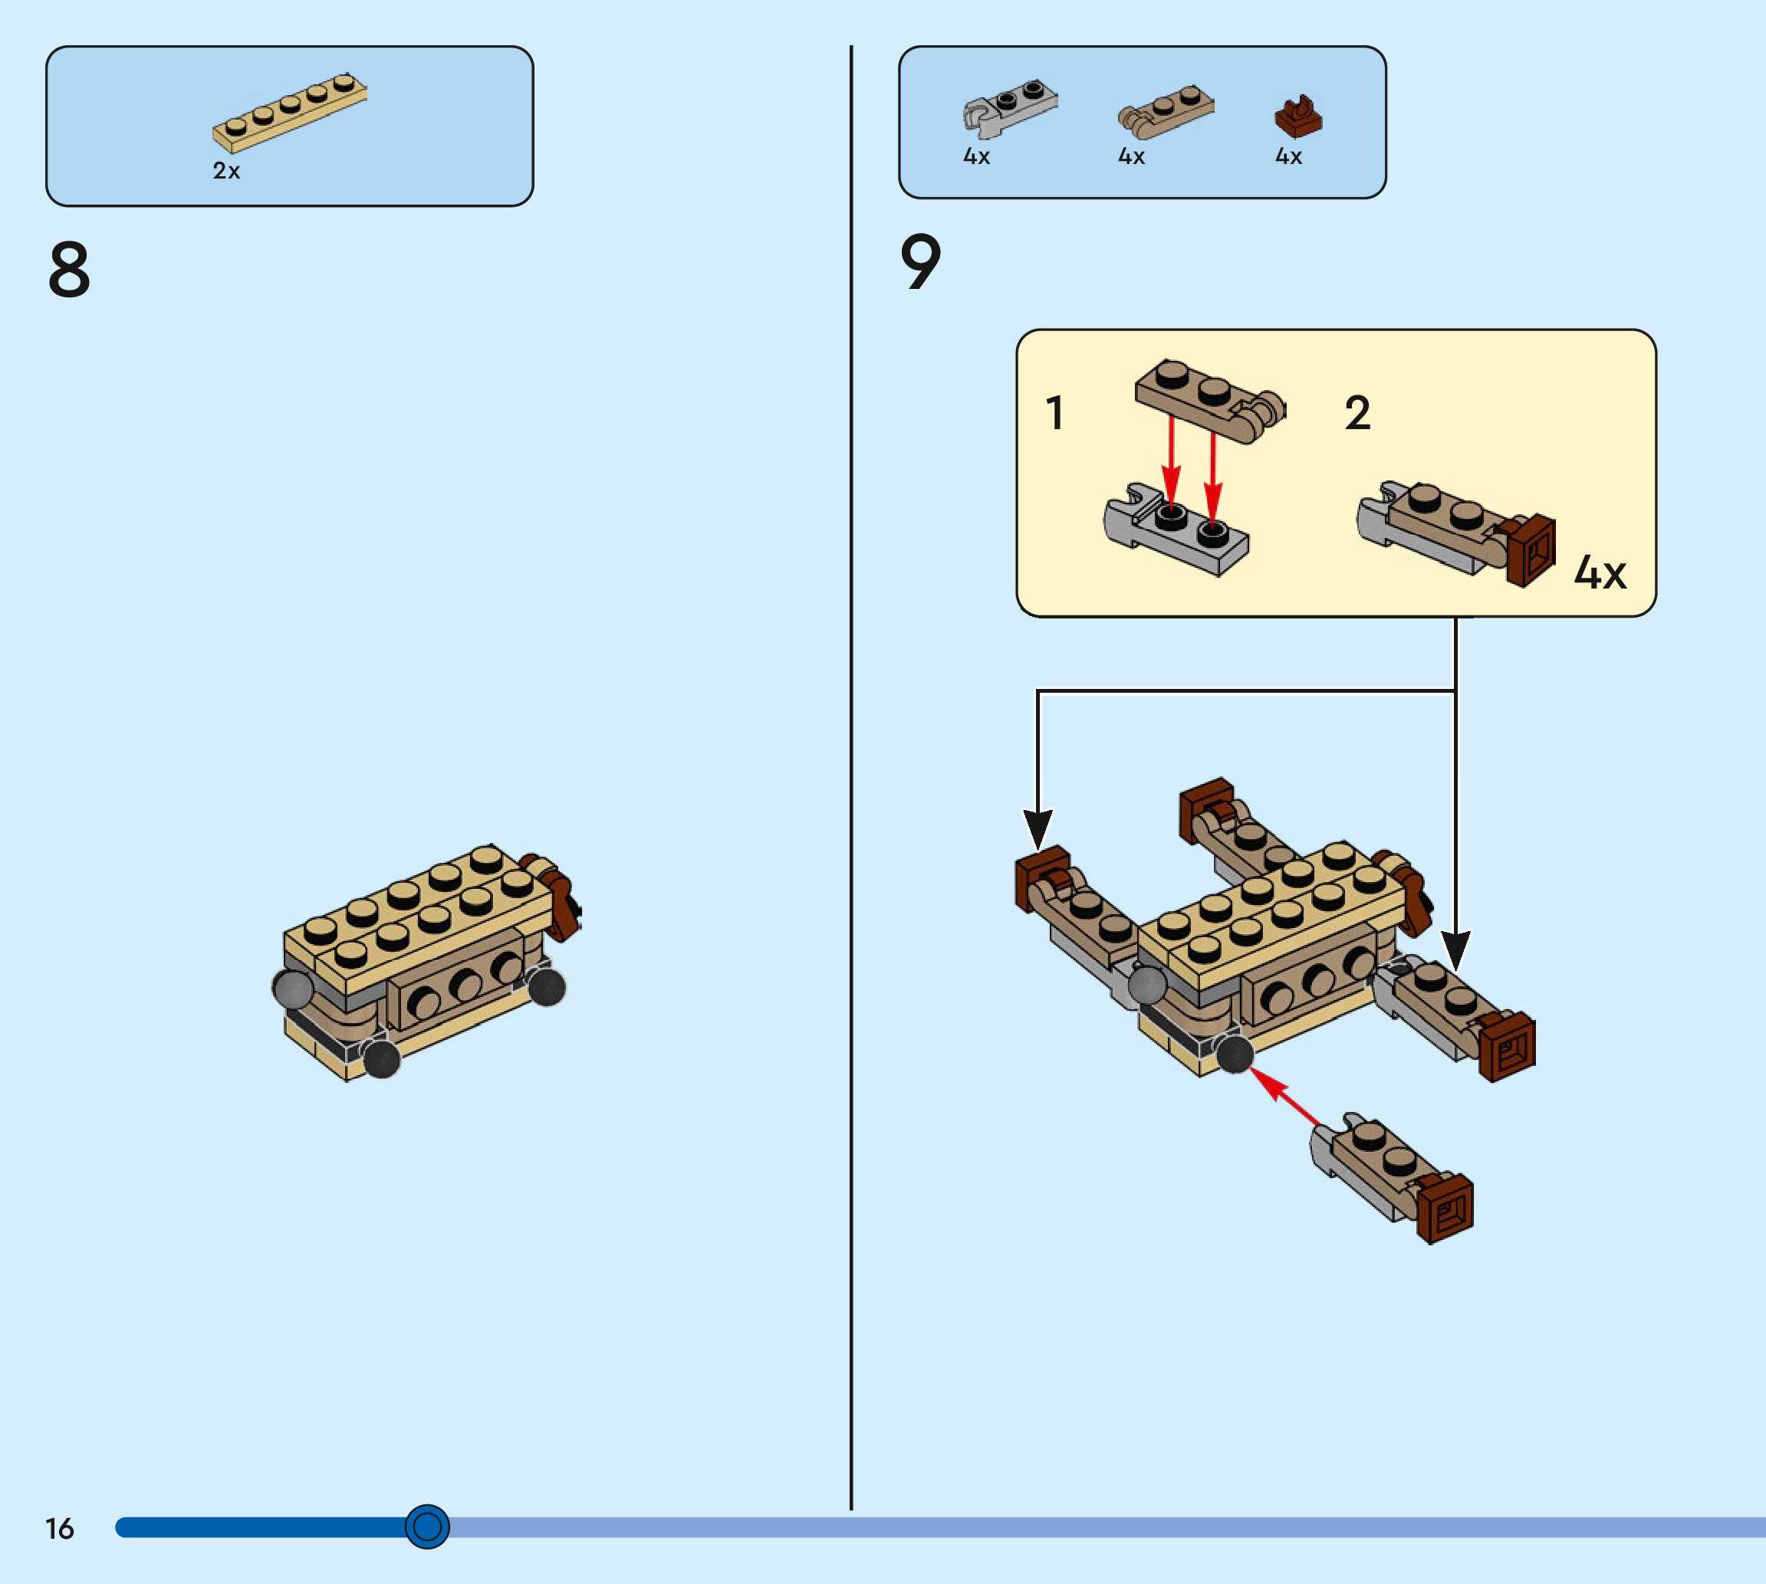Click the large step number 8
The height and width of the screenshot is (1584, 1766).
click(x=70, y=270)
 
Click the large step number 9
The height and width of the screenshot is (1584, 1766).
click(x=920, y=262)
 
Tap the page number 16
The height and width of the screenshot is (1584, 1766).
click(x=59, y=1528)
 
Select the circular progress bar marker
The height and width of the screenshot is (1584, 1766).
click(x=426, y=1526)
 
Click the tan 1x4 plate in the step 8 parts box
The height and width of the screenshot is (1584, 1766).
click(x=290, y=113)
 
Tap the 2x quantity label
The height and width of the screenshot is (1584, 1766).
click(x=226, y=171)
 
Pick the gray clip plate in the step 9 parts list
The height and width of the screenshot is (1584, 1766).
click(x=1009, y=108)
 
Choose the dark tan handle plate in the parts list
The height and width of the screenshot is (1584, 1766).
click(x=1165, y=111)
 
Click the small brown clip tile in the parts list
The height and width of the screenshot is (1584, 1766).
click(x=1297, y=118)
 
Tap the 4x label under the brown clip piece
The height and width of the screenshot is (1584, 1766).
click(x=1289, y=156)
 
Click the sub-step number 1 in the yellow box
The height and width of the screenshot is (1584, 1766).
click(x=1054, y=412)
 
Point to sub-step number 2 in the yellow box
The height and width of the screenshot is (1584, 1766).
click(x=1357, y=412)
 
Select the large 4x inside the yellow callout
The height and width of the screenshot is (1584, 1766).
click(x=1600, y=572)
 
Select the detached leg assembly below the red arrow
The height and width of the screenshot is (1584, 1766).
click(x=1393, y=1175)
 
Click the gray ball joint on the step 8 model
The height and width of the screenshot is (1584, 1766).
click(x=294, y=989)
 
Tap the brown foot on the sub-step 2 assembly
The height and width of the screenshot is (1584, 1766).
click(x=1531, y=549)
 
